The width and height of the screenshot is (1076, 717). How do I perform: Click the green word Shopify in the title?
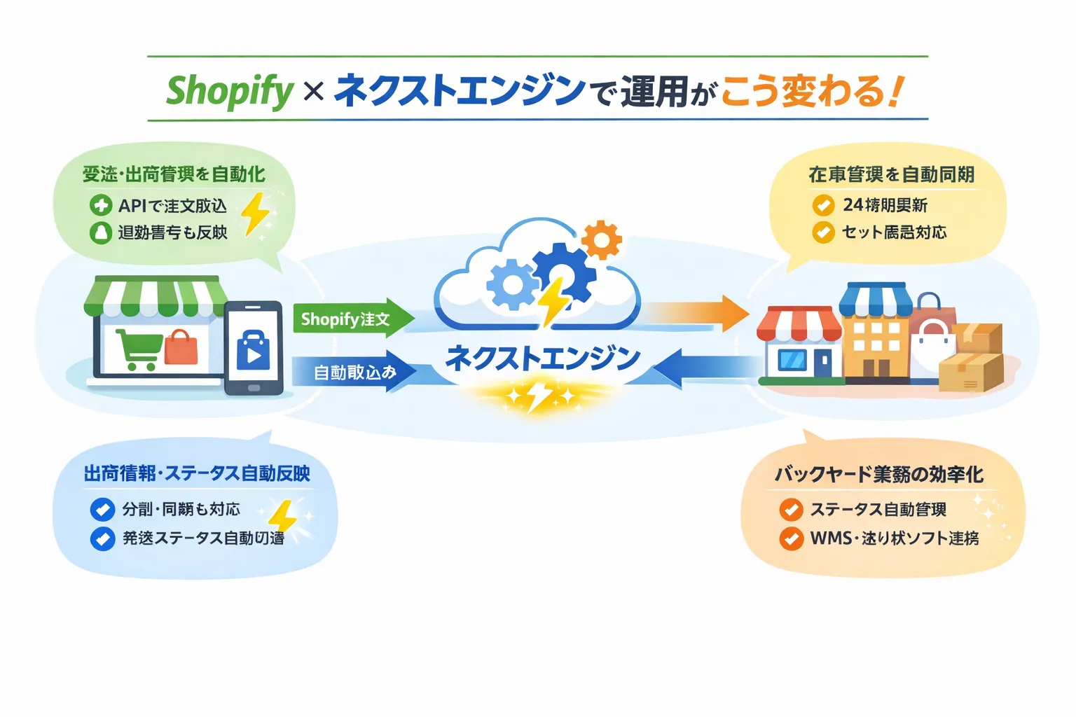[x=229, y=91]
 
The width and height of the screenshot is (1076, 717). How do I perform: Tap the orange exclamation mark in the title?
[x=895, y=91]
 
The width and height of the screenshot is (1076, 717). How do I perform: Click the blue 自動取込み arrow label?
[x=354, y=372]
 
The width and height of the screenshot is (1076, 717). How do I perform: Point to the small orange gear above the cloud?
[x=601, y=240]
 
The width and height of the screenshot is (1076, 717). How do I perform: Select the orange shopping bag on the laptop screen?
[x=181, y=347]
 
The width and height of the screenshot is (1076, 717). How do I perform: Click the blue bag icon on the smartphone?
[x=253, y=349]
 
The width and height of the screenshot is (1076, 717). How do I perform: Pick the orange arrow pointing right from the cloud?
[x=696, y=313]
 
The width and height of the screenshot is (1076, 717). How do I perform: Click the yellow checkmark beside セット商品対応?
[x=823, y=232]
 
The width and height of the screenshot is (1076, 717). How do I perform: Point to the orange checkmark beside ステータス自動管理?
[x=791, y=510]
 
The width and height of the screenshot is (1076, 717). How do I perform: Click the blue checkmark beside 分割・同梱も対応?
[x=102, y=509]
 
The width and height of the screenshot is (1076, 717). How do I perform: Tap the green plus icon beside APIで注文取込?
[x=101, y=205]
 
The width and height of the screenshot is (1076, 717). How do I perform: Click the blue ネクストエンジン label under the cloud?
[x=543, y=358]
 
